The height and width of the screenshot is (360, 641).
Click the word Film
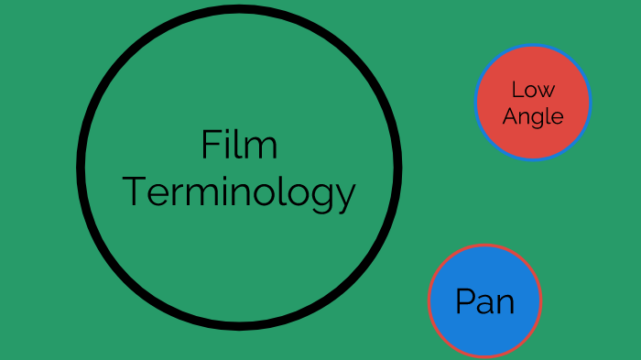(x=239, y=146)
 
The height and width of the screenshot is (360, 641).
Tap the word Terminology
(x=239, y=193)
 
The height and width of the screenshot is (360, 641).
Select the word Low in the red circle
(x=533, y=90)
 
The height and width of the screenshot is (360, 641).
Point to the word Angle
(x=533, y=117)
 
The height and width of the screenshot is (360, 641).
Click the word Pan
(x=484, y=301)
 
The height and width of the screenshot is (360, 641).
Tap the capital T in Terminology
(x=135, y=192)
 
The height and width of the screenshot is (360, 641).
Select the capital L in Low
(x=516, y=90)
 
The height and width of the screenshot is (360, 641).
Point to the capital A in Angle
(x=510, y=116)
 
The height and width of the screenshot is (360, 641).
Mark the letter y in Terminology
(x=345, y=197)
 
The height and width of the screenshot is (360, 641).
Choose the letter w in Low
(x=547, y=92)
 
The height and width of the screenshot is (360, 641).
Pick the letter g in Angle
(x=537, y=120)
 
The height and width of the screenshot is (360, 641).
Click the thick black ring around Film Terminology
(x=82, y=166)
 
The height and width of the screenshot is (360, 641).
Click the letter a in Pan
(x=485, y=303)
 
